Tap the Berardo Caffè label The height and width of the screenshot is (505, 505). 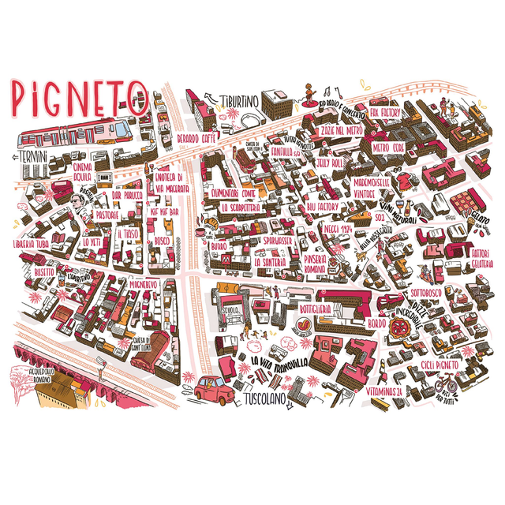pyautogui.click(x=196, y=138)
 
